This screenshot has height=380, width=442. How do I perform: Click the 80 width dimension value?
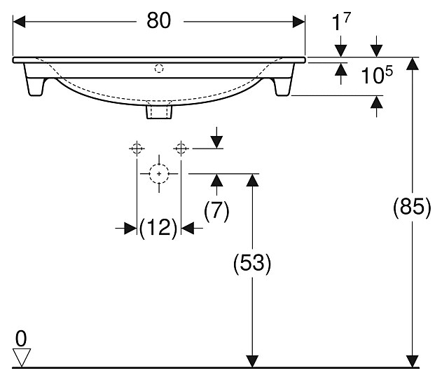[159, 21]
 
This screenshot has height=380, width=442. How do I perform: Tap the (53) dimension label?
[251, 263]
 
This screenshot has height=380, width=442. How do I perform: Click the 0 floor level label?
[21, 339]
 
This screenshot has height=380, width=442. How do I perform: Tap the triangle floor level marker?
[22, 358]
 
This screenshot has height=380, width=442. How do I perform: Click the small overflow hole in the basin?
[159, 69]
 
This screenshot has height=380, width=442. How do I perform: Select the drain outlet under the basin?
[159, 110]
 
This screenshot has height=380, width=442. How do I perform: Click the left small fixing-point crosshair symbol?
[136, 148]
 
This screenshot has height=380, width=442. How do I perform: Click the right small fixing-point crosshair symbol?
[181, 148]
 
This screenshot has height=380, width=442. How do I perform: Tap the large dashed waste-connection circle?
[159, 172]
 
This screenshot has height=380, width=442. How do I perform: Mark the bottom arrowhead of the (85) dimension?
[414, 360]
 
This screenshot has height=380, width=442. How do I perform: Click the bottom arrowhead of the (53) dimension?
[251, 360]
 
